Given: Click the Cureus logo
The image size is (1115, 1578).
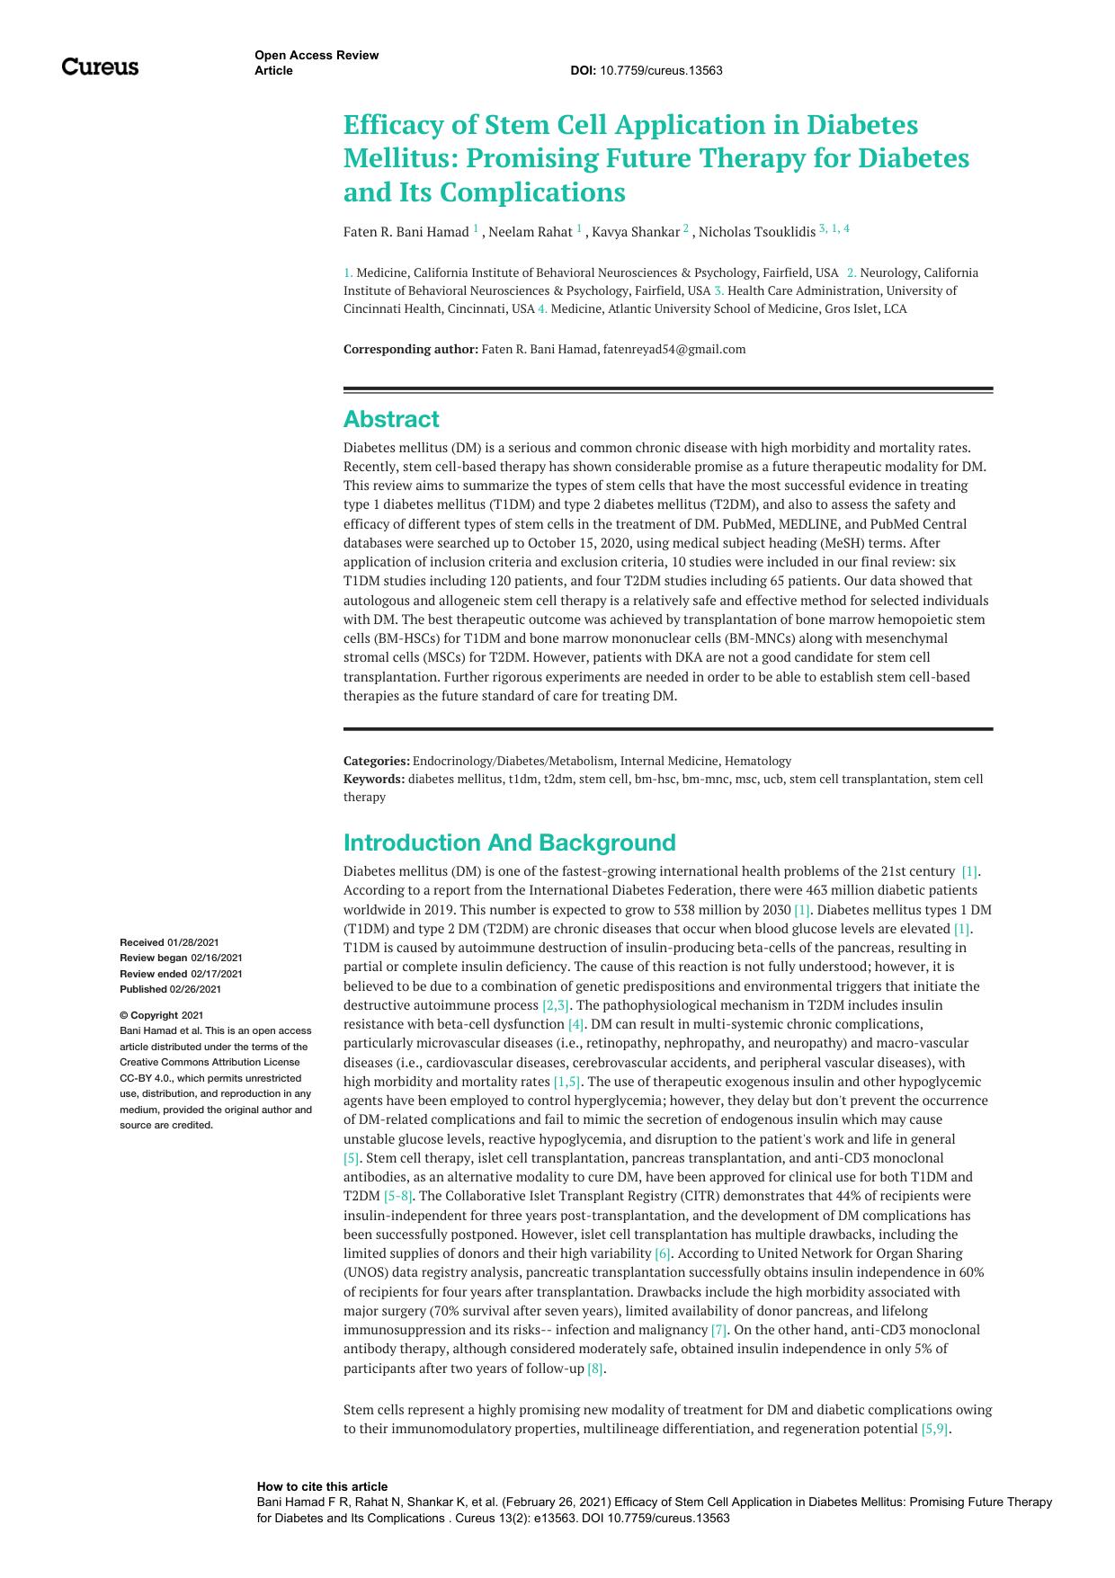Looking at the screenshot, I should coord(100,67).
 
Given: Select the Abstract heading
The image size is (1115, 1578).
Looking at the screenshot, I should coord(391,419).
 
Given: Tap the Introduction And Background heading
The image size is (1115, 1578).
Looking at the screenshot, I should coord(509,842).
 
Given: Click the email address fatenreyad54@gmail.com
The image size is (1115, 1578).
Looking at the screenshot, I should coord(673,349).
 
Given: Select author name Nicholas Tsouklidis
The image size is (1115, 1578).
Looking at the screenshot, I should coord(757,232).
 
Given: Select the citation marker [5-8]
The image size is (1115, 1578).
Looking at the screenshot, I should coord(398,1196).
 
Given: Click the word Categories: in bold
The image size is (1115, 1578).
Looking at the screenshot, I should coord(376,761).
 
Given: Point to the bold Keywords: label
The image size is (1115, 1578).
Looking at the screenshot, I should coord(374,779).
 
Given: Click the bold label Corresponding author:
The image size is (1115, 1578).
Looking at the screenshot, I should coord(410,349).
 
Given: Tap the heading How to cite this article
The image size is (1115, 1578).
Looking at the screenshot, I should coord(322,1486).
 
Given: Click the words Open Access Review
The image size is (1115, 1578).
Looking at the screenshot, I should coord(317,55).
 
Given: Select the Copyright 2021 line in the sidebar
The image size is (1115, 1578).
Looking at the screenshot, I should coord(162,1015).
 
